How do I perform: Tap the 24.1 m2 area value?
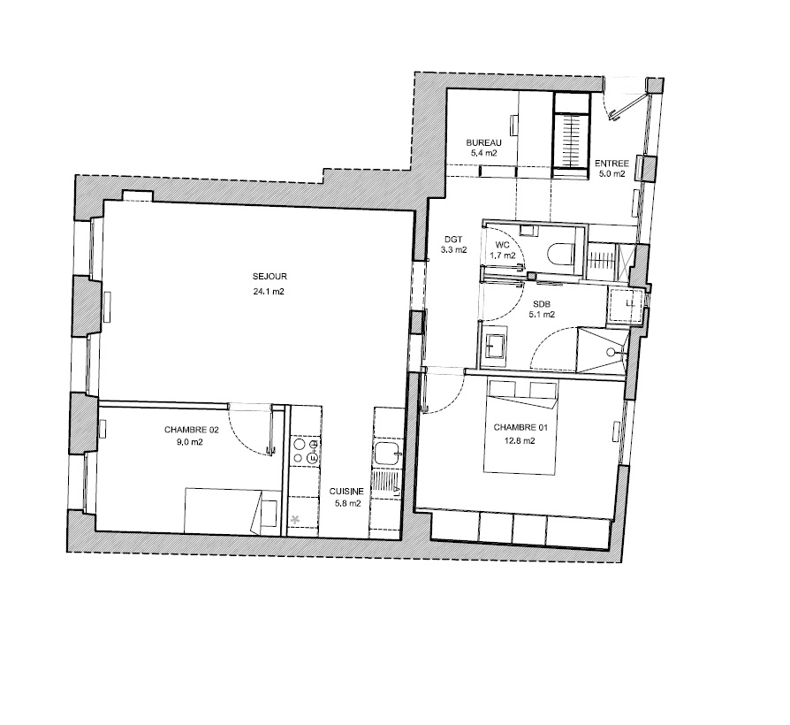[269, 292]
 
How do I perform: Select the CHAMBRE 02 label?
[192, 430]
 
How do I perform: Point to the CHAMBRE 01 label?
[520, 428]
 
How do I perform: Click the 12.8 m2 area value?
[519, 440]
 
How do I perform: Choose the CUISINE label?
[346, 492]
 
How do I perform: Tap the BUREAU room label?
[483, 142]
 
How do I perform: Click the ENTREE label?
[611, 164]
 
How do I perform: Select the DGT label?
[453, 240]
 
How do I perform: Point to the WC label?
[502, 245]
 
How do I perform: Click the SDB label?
[542, 304]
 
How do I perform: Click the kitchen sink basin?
[387, 453]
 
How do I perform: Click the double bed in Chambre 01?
[520, 426]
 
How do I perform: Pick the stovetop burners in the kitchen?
[306, 451]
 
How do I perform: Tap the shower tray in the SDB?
[602, 349]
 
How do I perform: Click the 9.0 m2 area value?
[191, 443]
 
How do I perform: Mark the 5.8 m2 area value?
[348, 504]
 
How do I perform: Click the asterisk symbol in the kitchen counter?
[296, 519]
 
